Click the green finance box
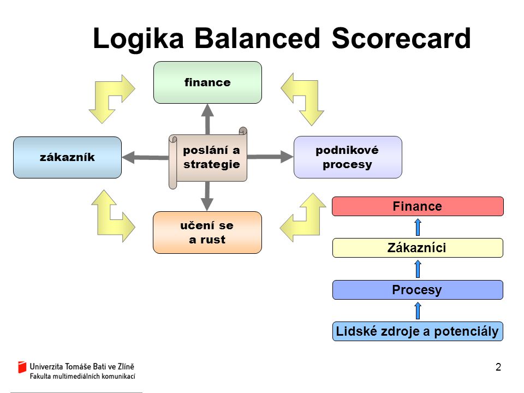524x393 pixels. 207,82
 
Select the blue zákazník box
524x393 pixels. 67,157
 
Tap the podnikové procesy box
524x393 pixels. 348,157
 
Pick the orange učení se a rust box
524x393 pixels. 207,233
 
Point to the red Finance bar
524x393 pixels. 418,206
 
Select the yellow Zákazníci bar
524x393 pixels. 418,248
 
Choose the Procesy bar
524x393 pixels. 418,290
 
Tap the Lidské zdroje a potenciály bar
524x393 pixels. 418,331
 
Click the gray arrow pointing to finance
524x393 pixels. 207,119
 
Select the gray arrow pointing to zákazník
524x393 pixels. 145,157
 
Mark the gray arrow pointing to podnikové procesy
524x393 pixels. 270,157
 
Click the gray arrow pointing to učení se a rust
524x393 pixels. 207,196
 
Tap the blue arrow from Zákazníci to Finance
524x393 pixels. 418,227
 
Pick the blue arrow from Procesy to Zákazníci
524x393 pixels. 418,269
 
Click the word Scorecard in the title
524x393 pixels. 401,38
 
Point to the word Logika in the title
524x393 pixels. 138,39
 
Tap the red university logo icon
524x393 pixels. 22,367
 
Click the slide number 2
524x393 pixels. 498,367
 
